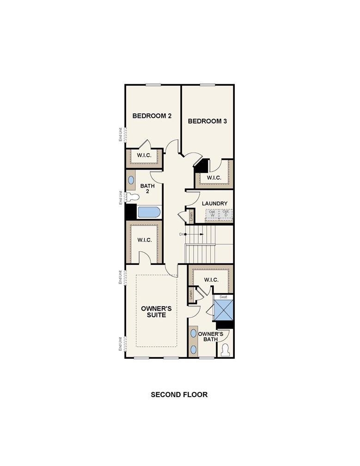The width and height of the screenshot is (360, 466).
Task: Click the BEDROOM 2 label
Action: click(152, 116)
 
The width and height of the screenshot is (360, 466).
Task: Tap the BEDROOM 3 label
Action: click(207, 122)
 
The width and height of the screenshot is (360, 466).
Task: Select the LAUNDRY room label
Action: click(214, 203)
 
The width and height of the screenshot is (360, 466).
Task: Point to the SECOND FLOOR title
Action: click(180, 395)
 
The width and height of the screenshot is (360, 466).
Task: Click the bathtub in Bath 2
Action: click(149, 213)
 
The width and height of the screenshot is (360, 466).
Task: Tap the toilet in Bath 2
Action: click(132, 197)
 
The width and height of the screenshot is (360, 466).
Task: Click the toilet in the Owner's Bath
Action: click(226, 350)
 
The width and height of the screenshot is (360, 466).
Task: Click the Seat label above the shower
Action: click(223, 297)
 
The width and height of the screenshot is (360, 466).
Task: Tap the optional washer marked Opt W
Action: click(213, 214)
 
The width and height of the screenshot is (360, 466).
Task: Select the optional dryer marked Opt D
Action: click(226, 214)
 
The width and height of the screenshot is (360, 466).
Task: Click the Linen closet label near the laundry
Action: click(190, 216)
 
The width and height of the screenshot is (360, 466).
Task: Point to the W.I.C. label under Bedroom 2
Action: click(144, 156)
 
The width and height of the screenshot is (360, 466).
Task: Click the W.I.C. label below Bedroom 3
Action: click(214, 178)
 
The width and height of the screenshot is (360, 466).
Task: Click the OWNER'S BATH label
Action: click(211, 337)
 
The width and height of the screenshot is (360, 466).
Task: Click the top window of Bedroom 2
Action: click(153, 84)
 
